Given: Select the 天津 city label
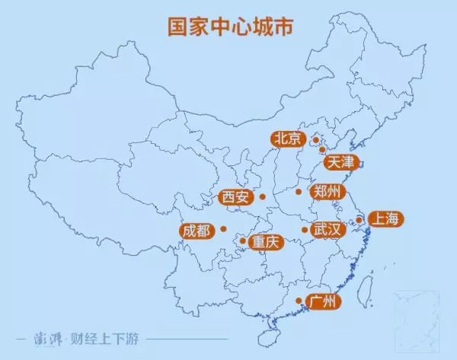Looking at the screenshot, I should pyautogui.click(x=340, y=161).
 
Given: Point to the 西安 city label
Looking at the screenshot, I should pyautogui.click(x=235, y=197).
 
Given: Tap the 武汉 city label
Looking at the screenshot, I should pyautogui.click(x=329, y=229).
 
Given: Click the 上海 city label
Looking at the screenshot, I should pyautogui.click(x=383, y=219).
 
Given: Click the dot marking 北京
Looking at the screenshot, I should pyautogui.click(x=315, y=140).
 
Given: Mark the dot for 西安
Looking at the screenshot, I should pyautogui.click(x=262, y=197).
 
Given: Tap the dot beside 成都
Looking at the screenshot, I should pyautogui.click(x=223, y=228).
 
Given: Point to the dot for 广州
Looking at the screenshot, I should pyautogui.click(x=298, y=301).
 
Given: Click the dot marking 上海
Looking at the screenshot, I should pyautogui.click(x=359, y=220).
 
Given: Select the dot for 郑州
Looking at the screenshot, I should pyautogui.click(x=299, y=191).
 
